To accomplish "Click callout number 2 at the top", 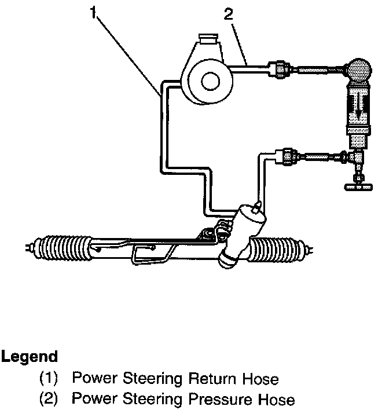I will (x=229, y=14).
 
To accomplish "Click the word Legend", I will (x=29, y=356).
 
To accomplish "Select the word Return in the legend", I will (x=214, y=379).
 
